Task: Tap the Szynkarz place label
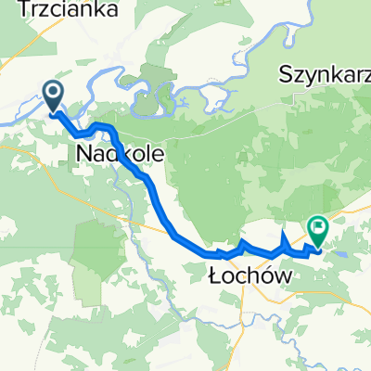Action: (x=325, y=74)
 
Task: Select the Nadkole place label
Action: (x=114, y=151)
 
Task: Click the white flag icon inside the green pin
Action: (x=319, y=224)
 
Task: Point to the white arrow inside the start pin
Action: (x=53, y=92)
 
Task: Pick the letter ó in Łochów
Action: (x=256, y=275)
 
